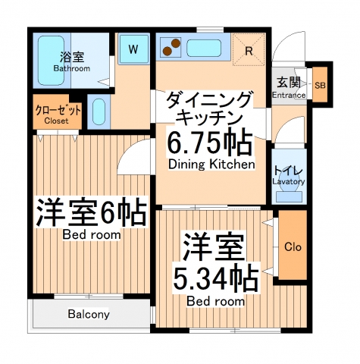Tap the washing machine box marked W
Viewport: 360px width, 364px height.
(x=133, y=50)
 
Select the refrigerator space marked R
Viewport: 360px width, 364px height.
(x=249, y=51)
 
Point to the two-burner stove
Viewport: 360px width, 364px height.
(x=170, y=49)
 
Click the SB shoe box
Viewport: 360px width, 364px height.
(x=319, y=85)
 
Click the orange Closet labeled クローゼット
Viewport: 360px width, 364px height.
(x=51, y=113)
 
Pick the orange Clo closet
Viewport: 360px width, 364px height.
(x=292, y=246)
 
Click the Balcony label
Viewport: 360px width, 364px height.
(x=89, y=314)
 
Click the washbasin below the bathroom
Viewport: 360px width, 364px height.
(x=99, y=112)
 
